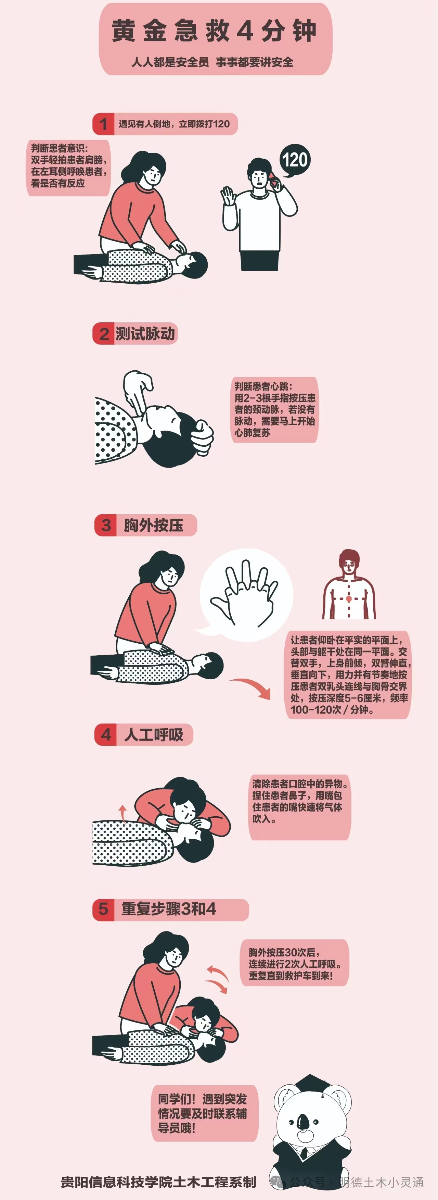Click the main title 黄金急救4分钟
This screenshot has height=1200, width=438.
214,31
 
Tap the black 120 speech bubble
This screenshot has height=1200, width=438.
295,160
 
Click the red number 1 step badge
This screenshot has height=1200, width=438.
103,124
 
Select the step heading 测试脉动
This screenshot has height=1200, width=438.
145,334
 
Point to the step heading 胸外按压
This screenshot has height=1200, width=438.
153,525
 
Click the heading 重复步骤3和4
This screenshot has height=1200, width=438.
168,909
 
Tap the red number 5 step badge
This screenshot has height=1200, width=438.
103,909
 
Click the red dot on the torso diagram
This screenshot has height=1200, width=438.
349,598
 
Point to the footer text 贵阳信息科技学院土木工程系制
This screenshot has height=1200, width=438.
158,1182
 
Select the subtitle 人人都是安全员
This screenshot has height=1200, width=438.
170,62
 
